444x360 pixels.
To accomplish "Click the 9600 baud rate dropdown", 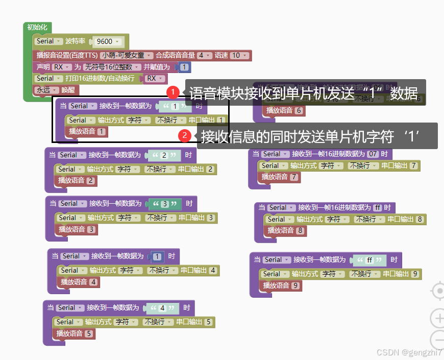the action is (108, 41).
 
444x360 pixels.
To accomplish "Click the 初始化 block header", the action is (37, 27).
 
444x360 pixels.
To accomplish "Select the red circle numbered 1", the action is (173, 92).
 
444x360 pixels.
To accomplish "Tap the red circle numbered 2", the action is (185, 136).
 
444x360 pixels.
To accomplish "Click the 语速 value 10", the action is (236, 55).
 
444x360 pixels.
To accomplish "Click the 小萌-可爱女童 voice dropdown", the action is (127, 55).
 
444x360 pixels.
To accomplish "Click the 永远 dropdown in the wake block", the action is (46, 90).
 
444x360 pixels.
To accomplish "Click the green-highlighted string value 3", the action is (165, 204).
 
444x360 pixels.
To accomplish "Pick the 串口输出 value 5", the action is (208, 322).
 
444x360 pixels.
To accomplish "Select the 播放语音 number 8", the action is (301, 231).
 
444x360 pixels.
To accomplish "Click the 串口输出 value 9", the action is (415, 274).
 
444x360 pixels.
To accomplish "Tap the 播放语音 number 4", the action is (93, 282).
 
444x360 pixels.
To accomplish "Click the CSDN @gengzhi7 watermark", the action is (409, 352).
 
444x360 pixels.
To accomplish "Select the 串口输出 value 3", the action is (210, 218).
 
